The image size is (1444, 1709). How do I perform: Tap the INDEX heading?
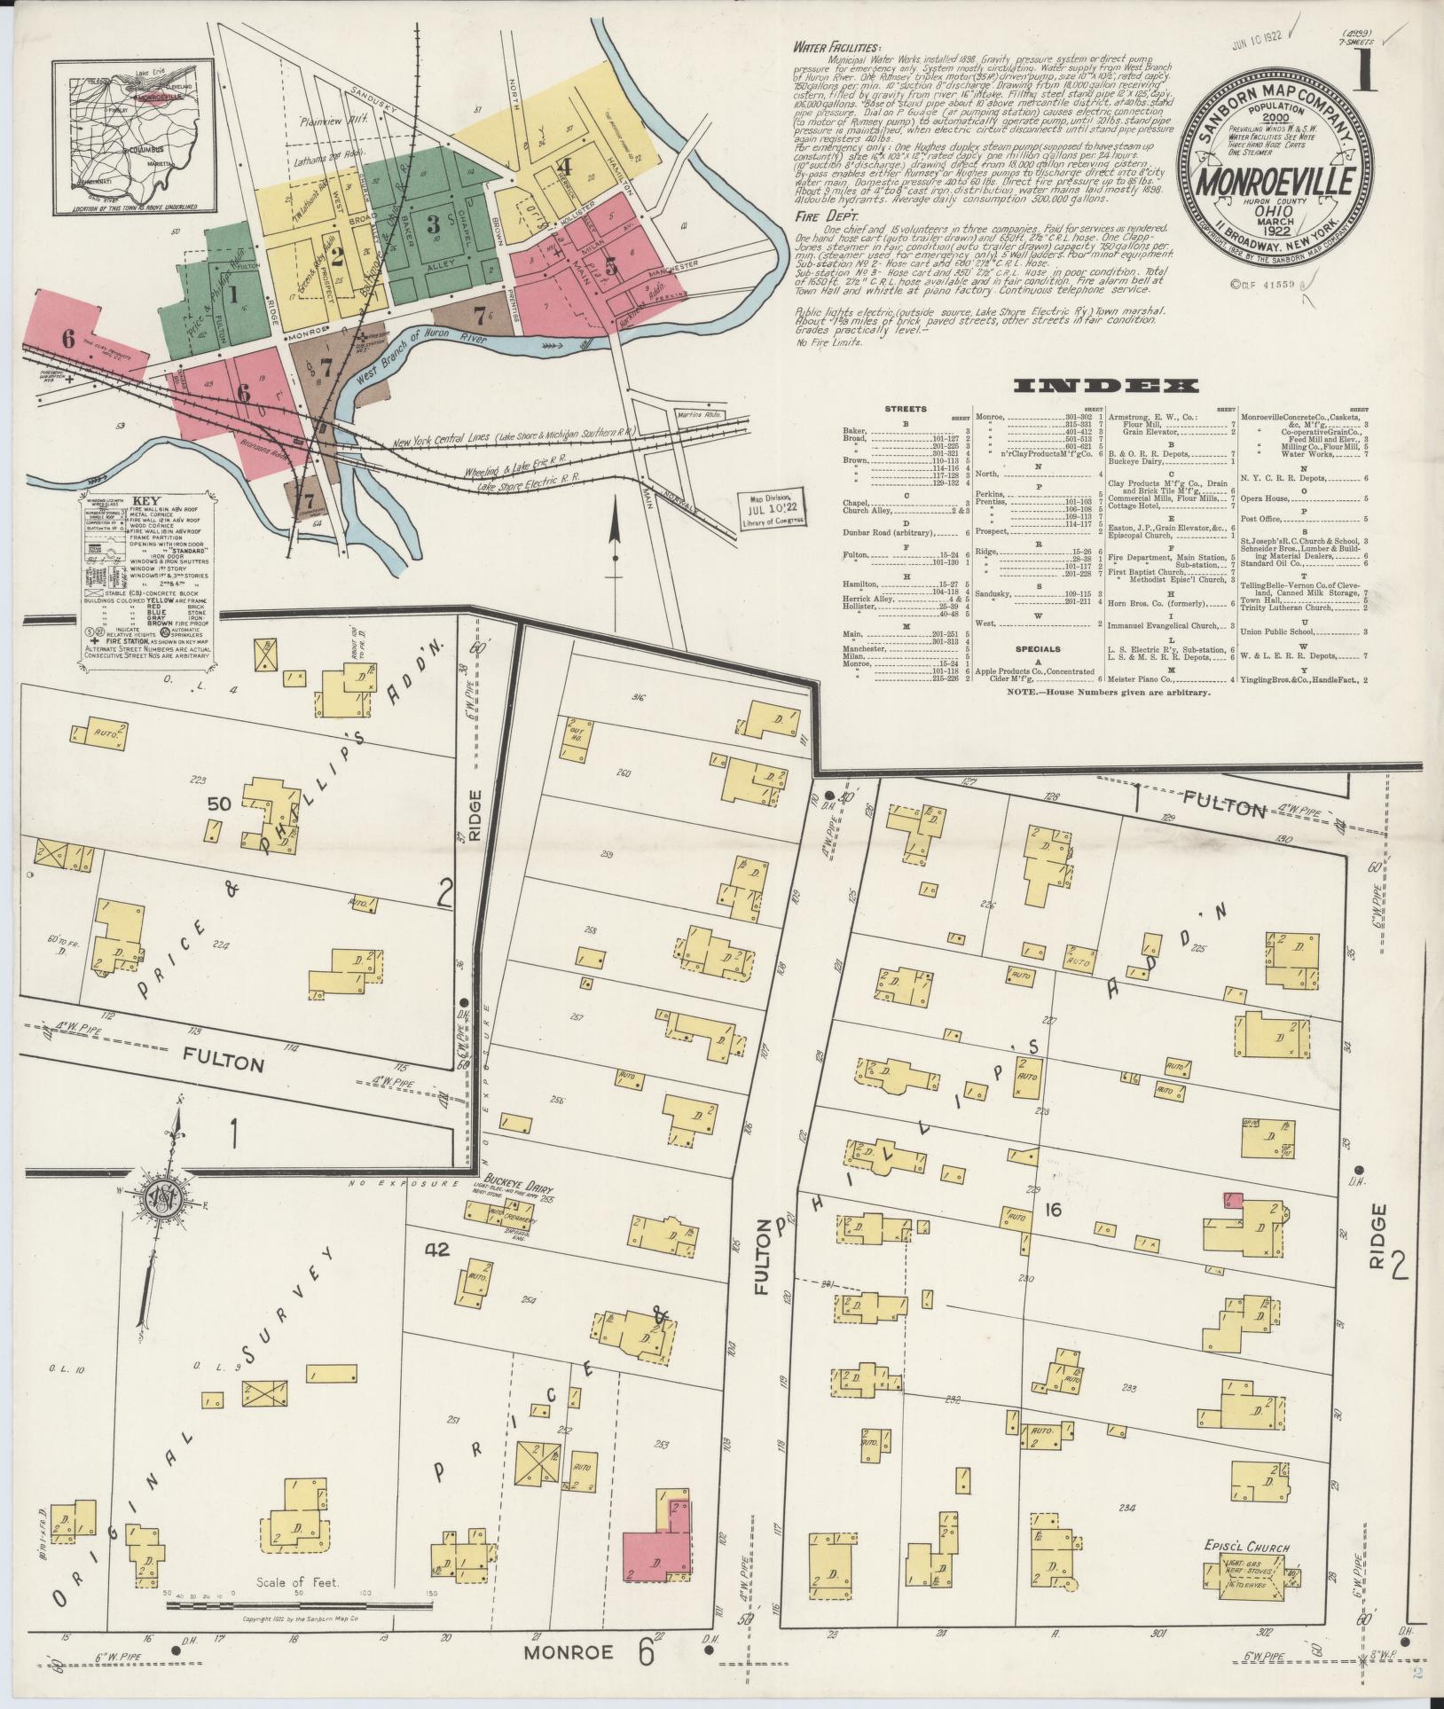coord(1104,386)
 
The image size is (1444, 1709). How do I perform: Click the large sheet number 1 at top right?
coord(1364,73)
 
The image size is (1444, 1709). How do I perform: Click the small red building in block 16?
coord(1232,1200)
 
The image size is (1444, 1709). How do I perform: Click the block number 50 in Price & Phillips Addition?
coord(219,804)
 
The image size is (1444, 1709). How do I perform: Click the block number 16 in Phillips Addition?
coord(1053,1210)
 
